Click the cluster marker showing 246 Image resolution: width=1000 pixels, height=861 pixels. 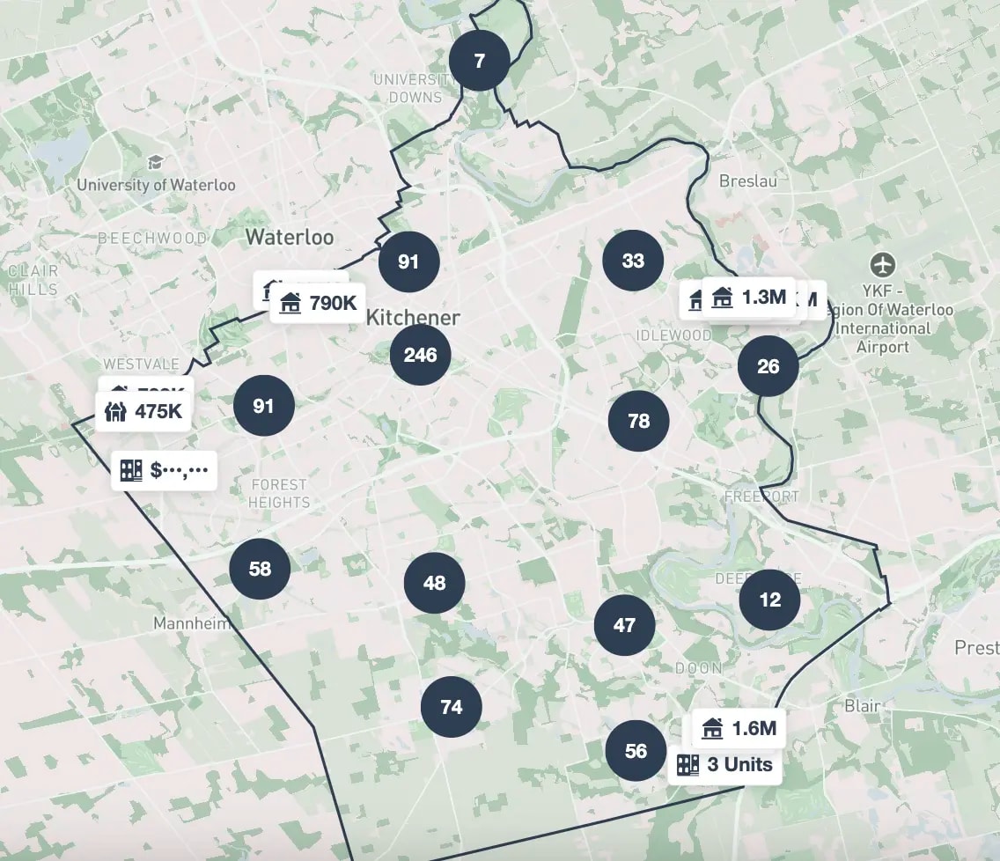[420, 355]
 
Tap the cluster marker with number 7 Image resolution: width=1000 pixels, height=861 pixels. [479, 61]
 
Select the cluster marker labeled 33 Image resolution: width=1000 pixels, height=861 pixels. [633, 261]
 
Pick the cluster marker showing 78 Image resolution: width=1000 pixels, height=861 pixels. [638, 421]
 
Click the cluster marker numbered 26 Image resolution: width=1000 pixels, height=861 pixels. [768, 366]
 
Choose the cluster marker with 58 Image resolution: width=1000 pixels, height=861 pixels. [260, 569]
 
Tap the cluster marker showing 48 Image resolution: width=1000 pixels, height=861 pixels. [434, 583]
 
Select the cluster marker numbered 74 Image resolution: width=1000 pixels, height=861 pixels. [451, 707]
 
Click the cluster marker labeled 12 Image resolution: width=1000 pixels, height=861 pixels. [769, 600]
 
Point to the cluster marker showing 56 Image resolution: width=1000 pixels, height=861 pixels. [636, 751]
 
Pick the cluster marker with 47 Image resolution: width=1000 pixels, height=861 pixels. [624, 625]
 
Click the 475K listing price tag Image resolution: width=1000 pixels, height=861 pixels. [143, 411]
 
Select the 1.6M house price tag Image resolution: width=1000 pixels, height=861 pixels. [739, 728]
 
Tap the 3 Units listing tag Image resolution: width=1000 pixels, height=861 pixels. [724, 764]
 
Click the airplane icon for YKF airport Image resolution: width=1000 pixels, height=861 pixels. [882, 263]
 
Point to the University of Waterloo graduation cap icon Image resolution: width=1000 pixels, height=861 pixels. [156, 162]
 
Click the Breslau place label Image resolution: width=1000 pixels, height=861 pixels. [748, 180]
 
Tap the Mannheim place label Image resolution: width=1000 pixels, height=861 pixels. [192, 623]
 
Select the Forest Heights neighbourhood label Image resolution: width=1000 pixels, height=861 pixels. [279, 493]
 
